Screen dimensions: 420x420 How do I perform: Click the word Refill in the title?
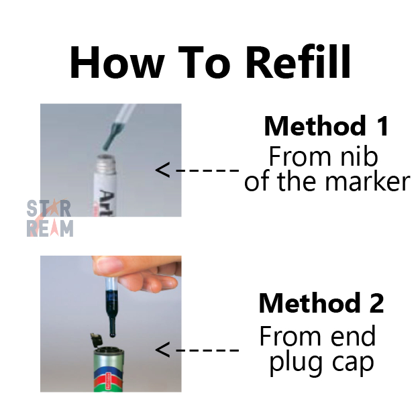[298, 62]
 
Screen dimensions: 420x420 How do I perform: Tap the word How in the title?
[117, 62]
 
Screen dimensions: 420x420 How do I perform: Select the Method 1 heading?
[326, 126]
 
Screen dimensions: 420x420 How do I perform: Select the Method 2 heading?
[321, 303]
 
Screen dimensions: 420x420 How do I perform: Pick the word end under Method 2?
[353, 336]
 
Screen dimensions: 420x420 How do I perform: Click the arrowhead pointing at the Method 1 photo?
[162, 170]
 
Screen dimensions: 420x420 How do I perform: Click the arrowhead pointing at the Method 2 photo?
[162, 350]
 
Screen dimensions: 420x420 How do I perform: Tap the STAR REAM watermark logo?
[50, 218]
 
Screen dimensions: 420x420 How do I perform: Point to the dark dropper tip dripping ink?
[111, 136]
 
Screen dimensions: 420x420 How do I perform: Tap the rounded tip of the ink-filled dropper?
[113, 333]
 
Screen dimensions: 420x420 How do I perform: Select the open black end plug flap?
[96, 339]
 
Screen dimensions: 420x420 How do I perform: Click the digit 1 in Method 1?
[384, 126]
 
